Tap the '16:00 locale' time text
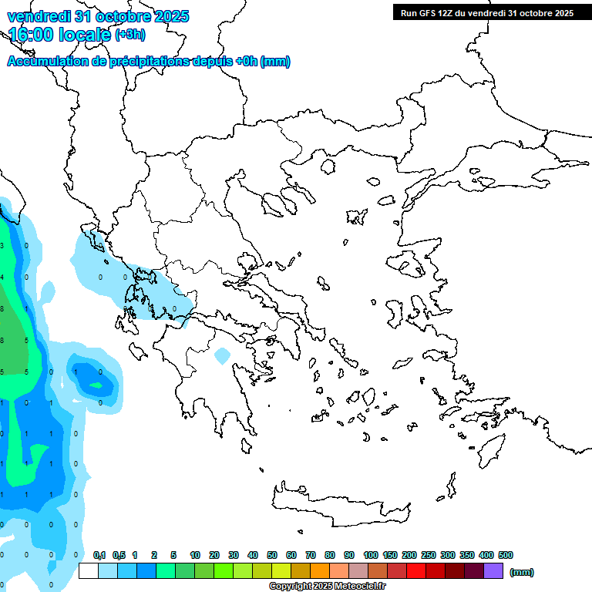[59, 34]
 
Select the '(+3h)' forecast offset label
[129, 34]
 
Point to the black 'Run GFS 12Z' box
[486, 12]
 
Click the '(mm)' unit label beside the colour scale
[521, 572]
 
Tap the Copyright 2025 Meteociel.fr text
[327, 586]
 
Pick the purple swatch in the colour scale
[493, 571]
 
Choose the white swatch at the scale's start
[89, 571]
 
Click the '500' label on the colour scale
[506, 555]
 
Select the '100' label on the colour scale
[370, 555]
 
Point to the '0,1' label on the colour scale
[99, 555]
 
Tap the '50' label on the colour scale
[272, 555]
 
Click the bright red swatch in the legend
[415, 571]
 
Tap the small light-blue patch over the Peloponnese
[222, 356]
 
